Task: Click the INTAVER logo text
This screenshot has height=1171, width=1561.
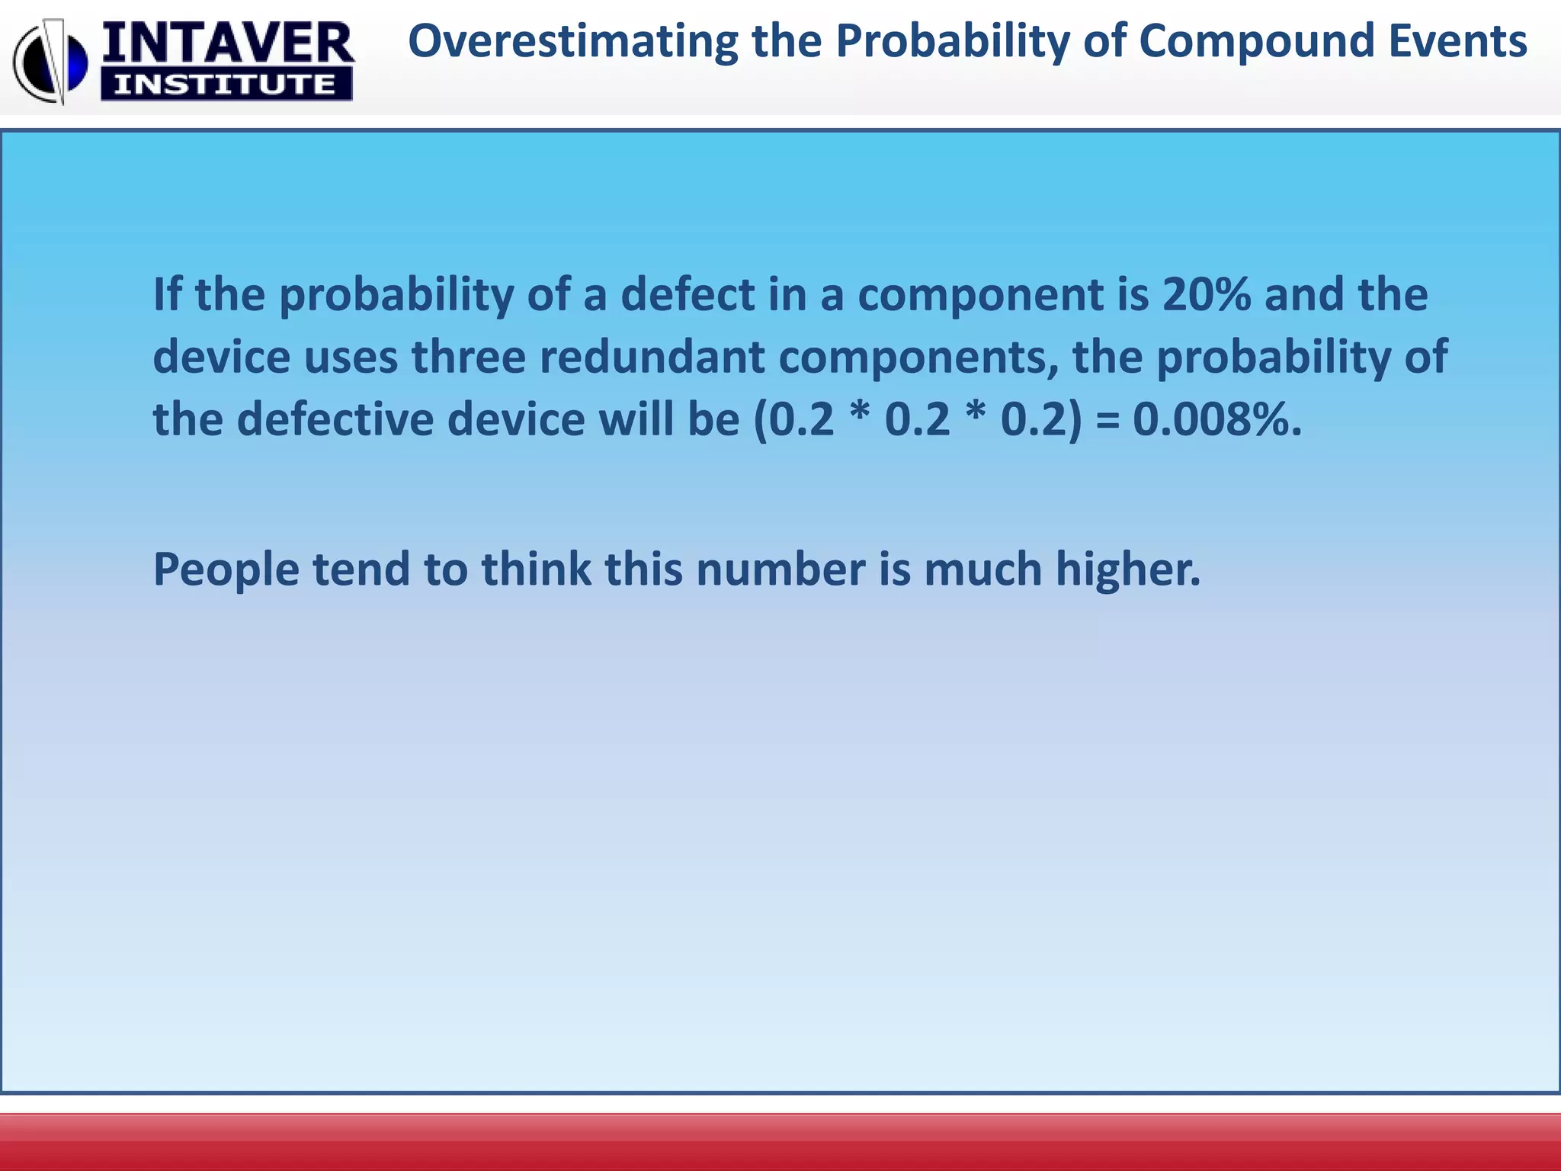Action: pyautogui.click(x=226, y=43)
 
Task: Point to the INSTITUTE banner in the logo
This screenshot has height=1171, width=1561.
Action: pyautogui.click(x=226, y=84)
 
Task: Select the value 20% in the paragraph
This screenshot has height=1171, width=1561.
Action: pyautogui.click(x=1206, y=295)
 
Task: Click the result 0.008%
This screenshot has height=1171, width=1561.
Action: pyautogui.click(x=1216, y=420)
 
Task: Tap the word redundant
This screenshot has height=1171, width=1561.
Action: pyautogui.click(x=652, y=358)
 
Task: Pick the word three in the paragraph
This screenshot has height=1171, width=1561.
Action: pyautogui.click(x=469, y=358)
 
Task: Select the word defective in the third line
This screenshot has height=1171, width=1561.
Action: pyautogui.click(x=335, y=420)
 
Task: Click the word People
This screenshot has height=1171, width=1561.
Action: pyautogui.click(x=226, y=570)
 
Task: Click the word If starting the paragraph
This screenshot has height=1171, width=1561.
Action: pyautogui.click(x=167, y=295)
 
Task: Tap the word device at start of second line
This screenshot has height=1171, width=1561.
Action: pyautogui.click(x=221, y=358)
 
